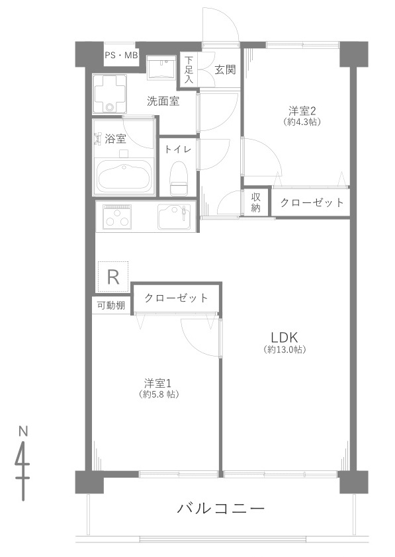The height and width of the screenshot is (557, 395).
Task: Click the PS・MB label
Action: point(121,56)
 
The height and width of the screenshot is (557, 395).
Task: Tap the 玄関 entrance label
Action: point(225,69)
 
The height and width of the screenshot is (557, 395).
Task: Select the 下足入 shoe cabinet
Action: point(189,69)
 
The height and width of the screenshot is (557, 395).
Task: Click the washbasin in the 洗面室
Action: point(161,66)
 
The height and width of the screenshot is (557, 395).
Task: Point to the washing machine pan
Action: point(110,94)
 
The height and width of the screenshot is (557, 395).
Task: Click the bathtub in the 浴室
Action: point(124,177)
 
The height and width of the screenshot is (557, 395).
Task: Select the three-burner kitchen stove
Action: point(116,216)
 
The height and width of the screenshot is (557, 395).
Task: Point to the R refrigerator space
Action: point(113,277)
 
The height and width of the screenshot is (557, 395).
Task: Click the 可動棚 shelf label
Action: point(111,305)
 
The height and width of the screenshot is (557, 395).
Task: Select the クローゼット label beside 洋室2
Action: point(312,202)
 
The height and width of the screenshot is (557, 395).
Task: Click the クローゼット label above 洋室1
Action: point(176,297)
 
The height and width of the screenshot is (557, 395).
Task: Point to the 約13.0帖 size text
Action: point(285,349)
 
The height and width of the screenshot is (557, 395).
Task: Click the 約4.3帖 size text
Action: point(302,122)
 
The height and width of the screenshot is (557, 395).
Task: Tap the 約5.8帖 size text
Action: point(158,394)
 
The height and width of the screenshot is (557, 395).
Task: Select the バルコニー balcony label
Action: point(220,509)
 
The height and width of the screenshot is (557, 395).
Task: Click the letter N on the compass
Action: point(23,431)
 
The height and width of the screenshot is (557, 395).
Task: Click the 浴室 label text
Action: point(115,138)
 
